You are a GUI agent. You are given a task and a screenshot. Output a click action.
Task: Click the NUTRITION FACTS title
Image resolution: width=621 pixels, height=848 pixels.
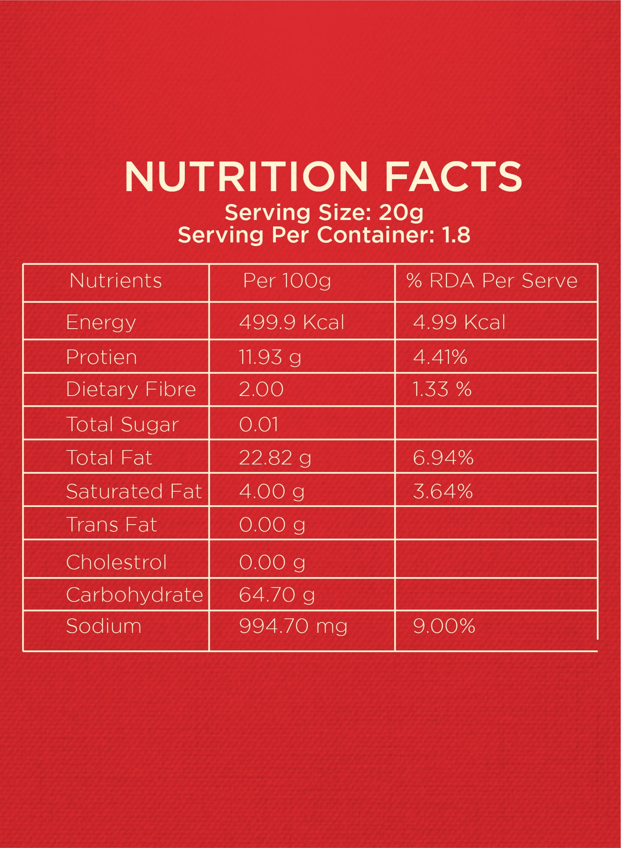[323, 177]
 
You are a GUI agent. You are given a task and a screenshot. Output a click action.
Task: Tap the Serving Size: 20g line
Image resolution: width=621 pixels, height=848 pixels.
[324, 213]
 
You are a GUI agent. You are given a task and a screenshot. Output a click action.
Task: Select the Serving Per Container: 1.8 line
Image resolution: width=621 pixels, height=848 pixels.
[324, 235]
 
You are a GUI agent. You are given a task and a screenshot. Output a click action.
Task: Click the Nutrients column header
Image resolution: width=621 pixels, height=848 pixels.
[116, 281]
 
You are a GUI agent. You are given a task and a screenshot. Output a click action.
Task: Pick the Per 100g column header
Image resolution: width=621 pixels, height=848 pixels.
[287, 281]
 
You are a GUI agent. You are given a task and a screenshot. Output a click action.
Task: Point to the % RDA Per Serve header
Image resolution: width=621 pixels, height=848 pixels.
[492, 281]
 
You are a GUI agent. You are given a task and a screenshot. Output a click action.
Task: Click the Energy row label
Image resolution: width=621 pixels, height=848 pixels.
[101, 322]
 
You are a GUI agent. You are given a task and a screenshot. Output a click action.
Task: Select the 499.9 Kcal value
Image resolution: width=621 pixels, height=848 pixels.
[292, 322]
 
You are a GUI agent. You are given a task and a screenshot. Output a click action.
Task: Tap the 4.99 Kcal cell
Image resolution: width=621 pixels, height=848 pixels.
[459, 322]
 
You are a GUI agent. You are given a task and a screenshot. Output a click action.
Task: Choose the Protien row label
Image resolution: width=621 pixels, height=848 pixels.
[101, 357]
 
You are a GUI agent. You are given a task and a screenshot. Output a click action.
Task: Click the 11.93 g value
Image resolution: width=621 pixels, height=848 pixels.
[270, 357]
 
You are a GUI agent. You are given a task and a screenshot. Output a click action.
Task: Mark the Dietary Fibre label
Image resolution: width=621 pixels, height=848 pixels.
[131, 390]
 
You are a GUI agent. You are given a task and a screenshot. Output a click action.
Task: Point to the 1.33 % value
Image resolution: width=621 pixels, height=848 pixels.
[442, 390]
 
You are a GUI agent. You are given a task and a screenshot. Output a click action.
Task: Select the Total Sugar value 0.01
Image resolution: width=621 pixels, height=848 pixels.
[259, 424]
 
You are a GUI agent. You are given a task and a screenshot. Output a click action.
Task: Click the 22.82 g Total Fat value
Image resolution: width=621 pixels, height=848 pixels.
[275, 458]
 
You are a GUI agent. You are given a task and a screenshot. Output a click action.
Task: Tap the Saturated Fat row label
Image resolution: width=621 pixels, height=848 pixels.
[134, 491]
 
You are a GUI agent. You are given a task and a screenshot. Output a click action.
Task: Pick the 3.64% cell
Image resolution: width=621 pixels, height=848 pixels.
[443, 491]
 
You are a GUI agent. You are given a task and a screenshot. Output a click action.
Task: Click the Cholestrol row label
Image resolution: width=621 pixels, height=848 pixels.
[116, 562]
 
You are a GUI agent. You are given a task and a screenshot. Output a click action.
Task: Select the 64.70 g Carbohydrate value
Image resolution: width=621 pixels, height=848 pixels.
[277, 595]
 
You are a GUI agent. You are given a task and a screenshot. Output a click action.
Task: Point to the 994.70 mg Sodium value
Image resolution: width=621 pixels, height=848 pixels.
[293, 626]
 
